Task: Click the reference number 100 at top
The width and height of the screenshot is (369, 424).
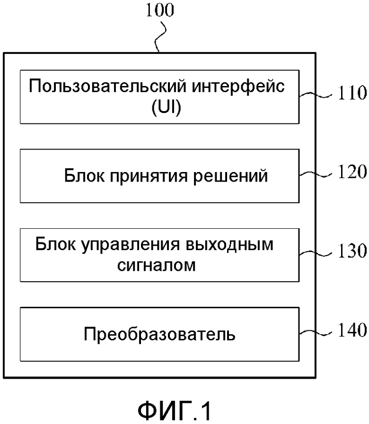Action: click(x=160, y=10)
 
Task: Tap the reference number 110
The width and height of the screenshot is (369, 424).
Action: click(x=352, y=93)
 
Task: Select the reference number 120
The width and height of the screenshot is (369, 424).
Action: click(x=352, y=172)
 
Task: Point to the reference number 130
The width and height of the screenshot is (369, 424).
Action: click(x=352, y=251)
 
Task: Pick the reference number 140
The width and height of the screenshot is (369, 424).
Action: click(x=352, y=330)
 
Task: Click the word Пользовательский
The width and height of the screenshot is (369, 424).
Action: click(x=108, y=86)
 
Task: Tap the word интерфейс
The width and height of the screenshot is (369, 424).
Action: click(x=238, y=87)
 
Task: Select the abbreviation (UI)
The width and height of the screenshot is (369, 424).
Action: click(x=166, y=107)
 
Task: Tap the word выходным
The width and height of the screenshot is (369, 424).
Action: click(x=229, y=244)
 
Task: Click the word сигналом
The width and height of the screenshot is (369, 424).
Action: click(x=156, y=265)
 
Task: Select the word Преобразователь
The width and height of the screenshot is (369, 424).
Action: click(x=159, y=334)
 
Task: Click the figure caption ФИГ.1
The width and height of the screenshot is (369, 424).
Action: click(x=174, y=410)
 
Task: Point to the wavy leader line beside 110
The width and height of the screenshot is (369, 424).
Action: click(x=316, y=95)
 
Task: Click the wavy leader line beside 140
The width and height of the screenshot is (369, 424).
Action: click(x=316, y=332)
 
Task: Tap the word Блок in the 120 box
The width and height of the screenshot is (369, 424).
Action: click(x=84, y=176)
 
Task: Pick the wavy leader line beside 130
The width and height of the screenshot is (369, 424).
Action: click(x=316, y=253)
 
